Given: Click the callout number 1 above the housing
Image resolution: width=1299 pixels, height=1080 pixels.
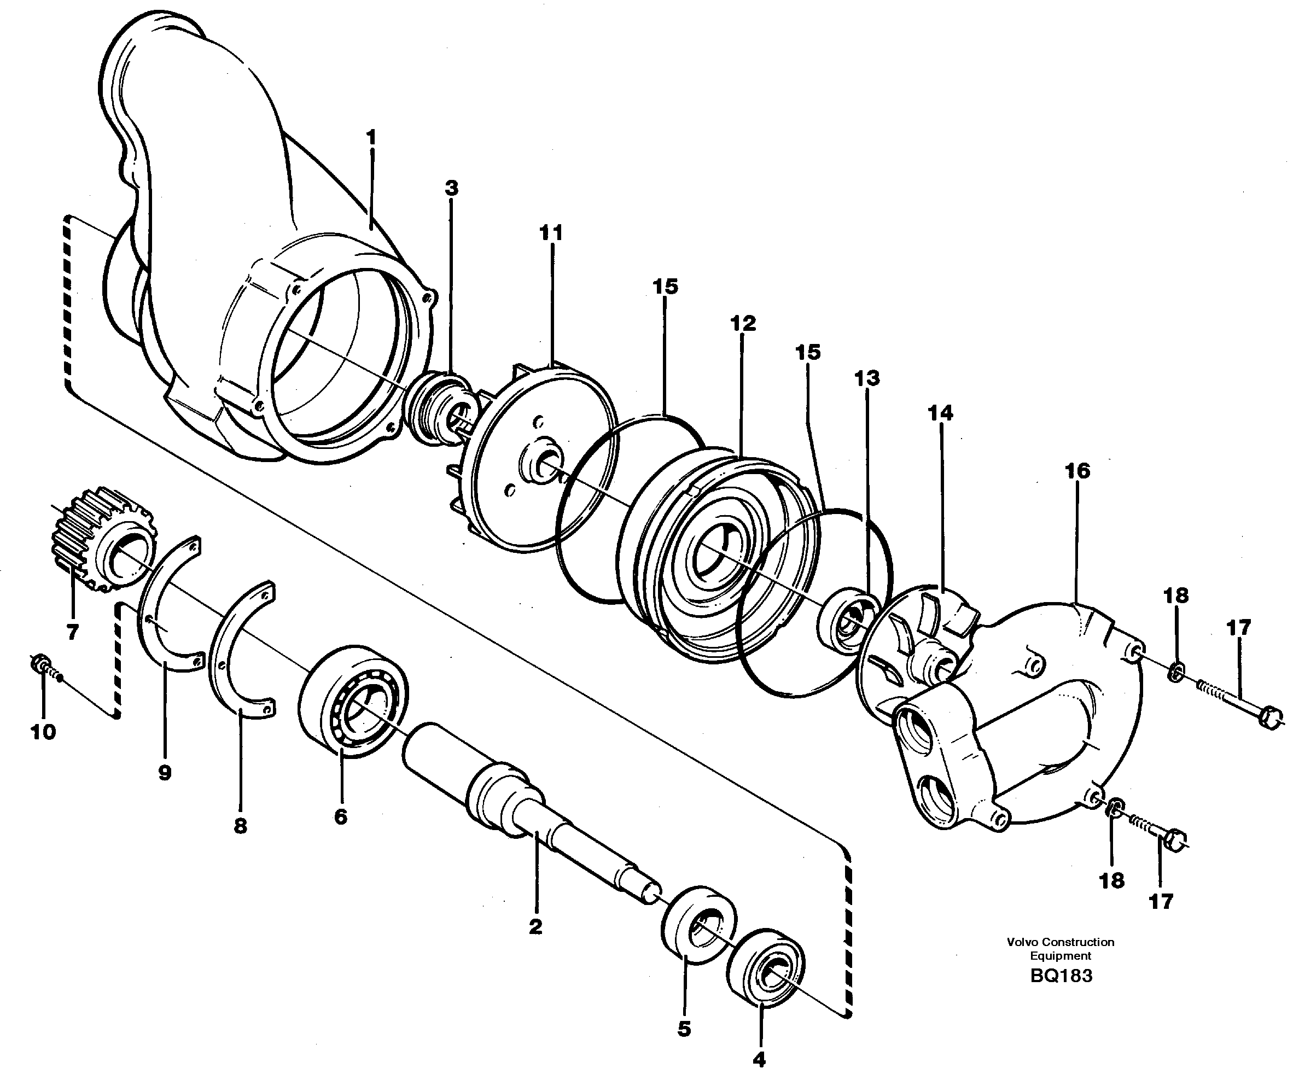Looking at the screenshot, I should click(371, 137).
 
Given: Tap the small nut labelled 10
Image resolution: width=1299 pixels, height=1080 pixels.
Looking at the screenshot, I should click(38, 664).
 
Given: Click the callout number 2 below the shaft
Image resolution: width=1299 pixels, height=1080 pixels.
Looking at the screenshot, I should click(535, 926).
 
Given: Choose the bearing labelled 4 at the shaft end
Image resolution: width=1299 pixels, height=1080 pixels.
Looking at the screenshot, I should click(766, 967).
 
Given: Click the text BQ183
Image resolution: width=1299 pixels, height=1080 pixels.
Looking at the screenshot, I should click(1062, 976).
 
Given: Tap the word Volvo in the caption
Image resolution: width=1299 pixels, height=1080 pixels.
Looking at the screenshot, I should click(1022, 942).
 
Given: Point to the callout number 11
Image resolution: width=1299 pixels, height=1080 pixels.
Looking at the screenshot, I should click(551, 233).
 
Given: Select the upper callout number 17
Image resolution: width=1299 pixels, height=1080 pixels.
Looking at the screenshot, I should click(1238, 628).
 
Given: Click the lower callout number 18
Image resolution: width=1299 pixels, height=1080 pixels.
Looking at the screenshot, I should click(1111, 880).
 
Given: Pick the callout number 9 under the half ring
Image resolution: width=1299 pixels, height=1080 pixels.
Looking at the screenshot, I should click(165, 773).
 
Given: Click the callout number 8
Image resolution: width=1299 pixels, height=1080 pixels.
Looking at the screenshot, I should click(241, 826).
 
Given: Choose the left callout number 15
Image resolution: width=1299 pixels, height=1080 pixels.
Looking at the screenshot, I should click(665, 287).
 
